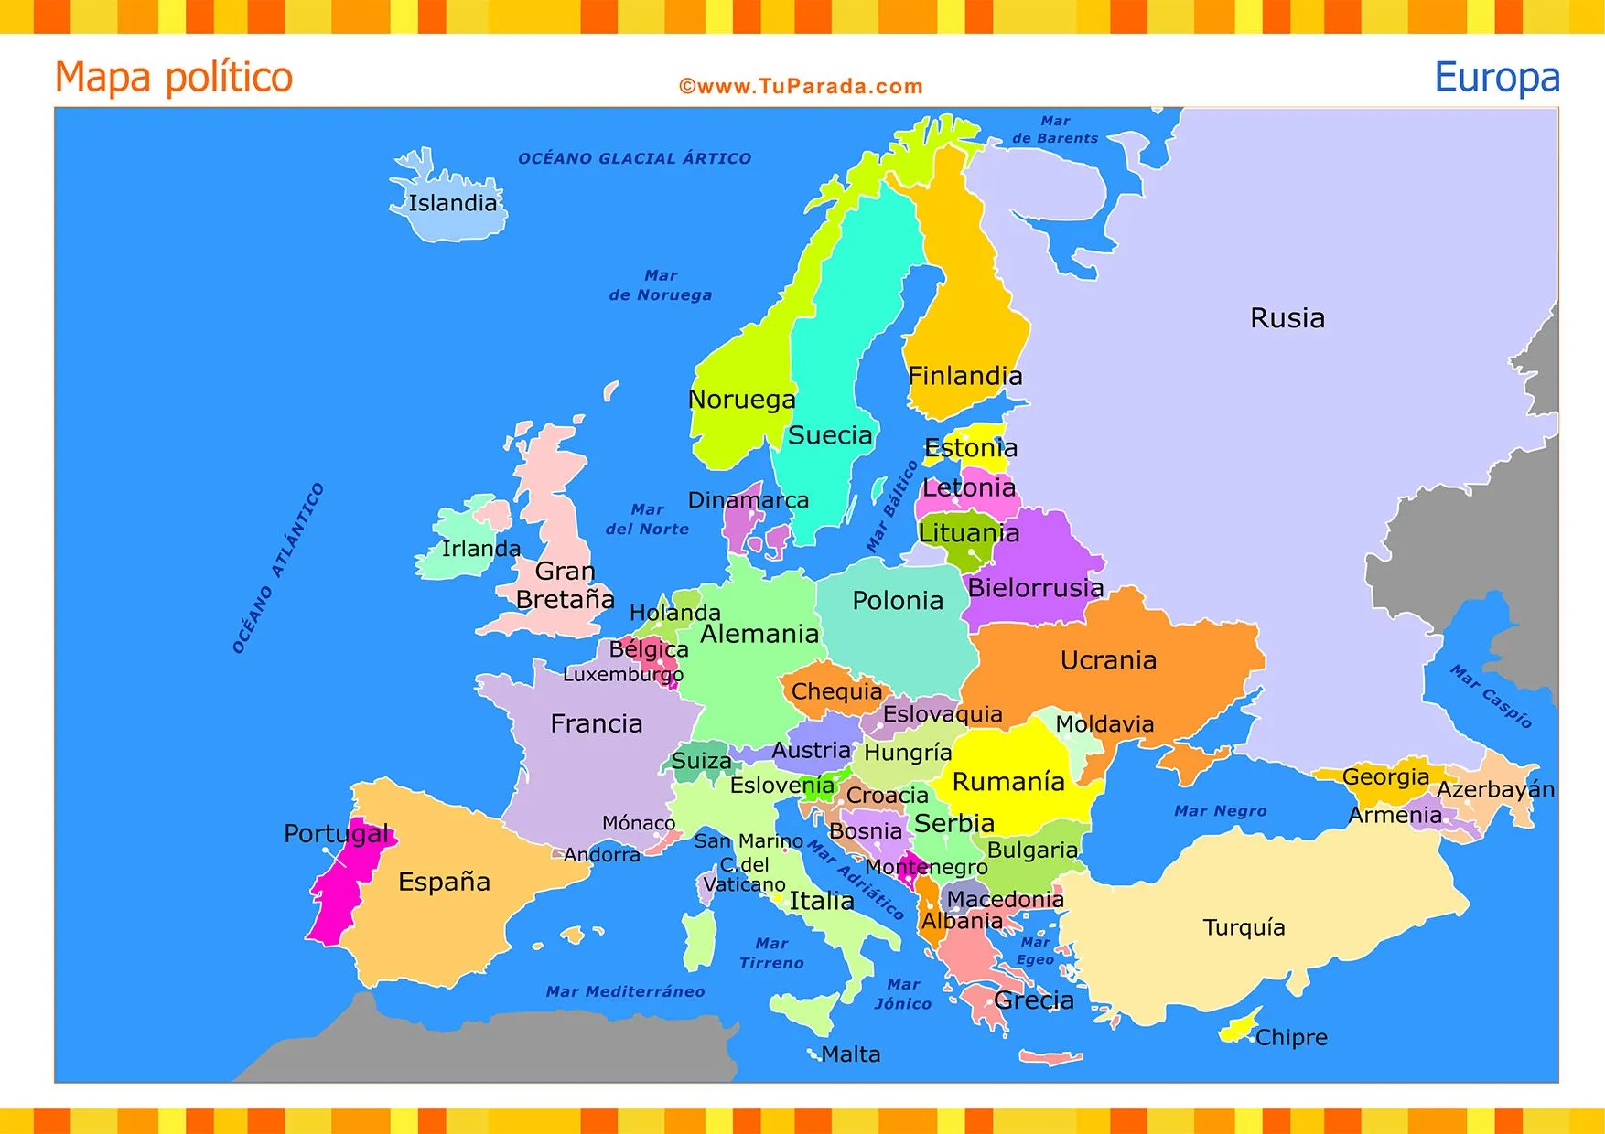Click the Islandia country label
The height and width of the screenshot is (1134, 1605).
pos(452,203)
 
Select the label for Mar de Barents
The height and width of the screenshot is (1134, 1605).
pos(1054,129)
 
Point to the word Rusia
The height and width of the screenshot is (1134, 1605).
pos(1287,318)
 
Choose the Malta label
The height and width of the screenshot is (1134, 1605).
pos(850,1054)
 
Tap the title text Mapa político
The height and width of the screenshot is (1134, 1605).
pos(174,77)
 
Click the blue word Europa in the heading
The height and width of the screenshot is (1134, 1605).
pos(1496,77)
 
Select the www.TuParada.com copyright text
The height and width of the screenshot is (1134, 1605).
pos(801,87)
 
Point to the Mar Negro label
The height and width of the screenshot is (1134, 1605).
pos(1220,811)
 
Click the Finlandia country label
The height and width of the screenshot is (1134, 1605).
pos(964,376)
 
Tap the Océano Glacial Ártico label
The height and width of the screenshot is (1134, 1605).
pos(634,158)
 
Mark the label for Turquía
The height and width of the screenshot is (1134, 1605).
pos(1244,927)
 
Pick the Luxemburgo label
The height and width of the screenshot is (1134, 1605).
pos(622,675)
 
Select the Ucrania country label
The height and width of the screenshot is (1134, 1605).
pos(1108,660)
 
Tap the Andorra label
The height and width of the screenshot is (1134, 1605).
pos(601,855)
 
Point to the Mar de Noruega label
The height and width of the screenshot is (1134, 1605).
pos(660,285)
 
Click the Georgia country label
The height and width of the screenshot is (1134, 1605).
pos(1385,777)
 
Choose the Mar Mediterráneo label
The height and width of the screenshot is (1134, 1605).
pos(625,991)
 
